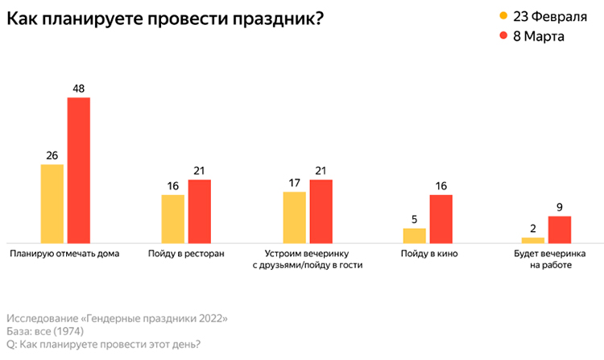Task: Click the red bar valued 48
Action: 79,169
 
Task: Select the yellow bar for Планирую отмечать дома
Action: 52,202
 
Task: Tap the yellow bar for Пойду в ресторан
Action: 173,217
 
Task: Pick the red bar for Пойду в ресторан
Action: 199,210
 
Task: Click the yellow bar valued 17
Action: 294,216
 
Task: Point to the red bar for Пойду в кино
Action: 441,217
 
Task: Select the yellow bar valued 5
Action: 414,234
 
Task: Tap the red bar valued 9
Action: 559,229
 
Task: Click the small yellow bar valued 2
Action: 532,239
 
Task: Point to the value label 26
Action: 52,156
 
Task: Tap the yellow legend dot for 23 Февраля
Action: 503,16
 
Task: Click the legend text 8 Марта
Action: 541,37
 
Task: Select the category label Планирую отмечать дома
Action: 64,254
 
